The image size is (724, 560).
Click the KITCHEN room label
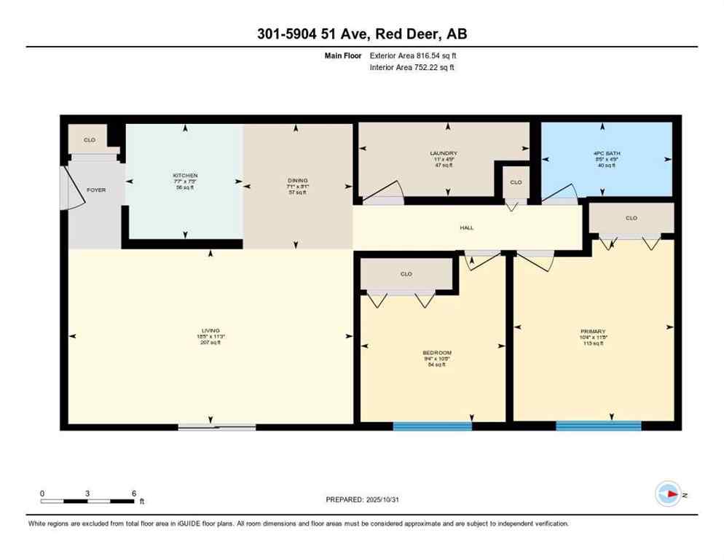point(185,176)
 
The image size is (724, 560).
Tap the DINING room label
point(297,180)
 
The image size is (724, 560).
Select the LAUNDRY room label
point(443,153)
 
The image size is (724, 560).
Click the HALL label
point(467,227)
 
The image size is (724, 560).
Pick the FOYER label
point(96,190)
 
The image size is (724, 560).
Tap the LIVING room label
point(210,330)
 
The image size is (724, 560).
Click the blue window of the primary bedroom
point(598,425)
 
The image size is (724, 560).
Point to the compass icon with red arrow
point(668,494)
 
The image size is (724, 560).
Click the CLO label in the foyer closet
point(89,139)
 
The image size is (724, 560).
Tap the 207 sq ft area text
point(210,342)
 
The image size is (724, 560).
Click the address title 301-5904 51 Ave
point(361,34)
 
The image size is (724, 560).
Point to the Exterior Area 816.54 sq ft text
point(413,55)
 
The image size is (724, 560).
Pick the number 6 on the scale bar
point(133,493)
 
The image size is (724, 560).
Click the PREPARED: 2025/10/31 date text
point(363,499)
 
